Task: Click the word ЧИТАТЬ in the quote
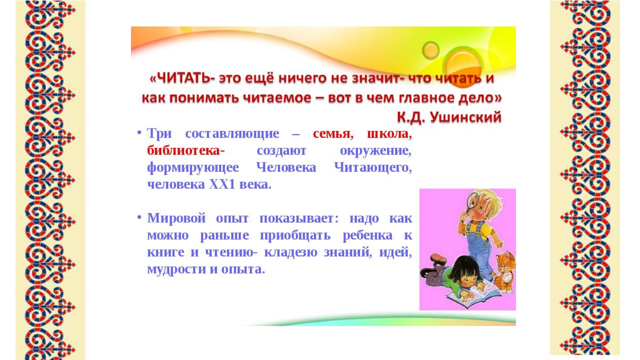[x=184, y=78]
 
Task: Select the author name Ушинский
[x=465, y=117]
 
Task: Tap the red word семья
[x=331, y=133]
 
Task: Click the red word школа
[x=387, y=133]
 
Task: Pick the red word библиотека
[x=183, y=150]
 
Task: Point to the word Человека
[x=286, y=167]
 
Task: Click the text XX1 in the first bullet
[x=222, y=184]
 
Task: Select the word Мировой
[x=176, y=218]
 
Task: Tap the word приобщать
[x=295, y=235]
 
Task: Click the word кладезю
[x=290, y=252]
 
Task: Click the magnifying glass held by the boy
[x=470, y=203]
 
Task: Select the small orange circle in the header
[x=430, y=50]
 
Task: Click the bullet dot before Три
[x=139, y=132]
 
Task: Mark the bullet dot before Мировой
[x=139, y=217]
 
